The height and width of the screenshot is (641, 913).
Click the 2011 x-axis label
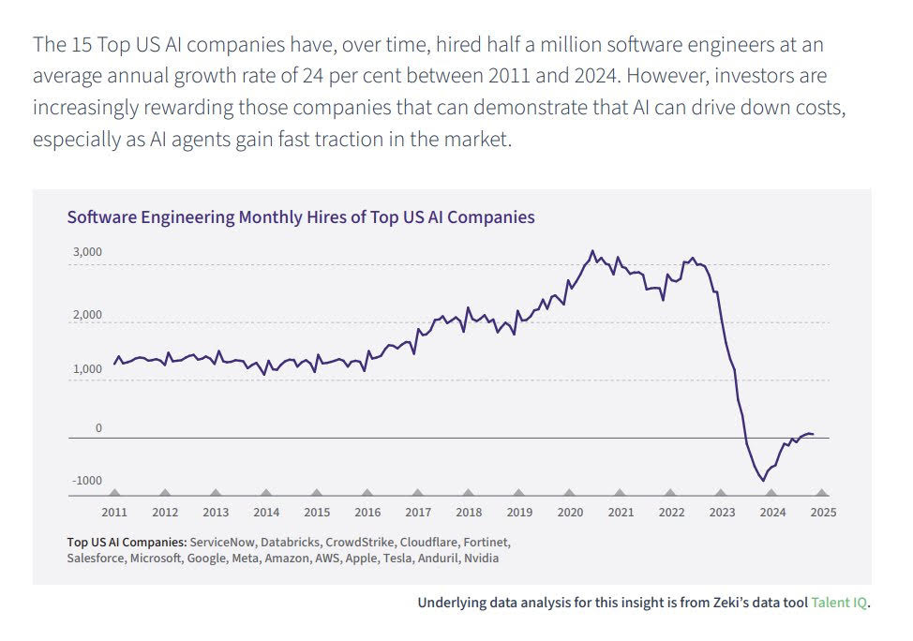pyautogui.click(x=114, y=513)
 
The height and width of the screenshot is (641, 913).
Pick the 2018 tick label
pyautogui.click(x=468, y=513)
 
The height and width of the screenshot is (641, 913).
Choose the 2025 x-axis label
pyautogui.click(x=822, y=513)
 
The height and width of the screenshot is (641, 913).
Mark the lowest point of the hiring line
pyautogui.click(x=763, y=481)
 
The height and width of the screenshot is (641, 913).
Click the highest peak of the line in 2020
pyautogui.click(x=591, y=251)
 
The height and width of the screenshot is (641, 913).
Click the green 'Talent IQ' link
pyautogui.click(x=839, y=603)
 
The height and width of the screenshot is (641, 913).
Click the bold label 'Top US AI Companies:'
pyautogui.click(x=127, y=543)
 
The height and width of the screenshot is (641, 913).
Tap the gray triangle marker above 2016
pyautogui.click(x=367, y=492)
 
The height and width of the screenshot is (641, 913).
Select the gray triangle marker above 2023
pyautogui.click(x=721, y=492)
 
